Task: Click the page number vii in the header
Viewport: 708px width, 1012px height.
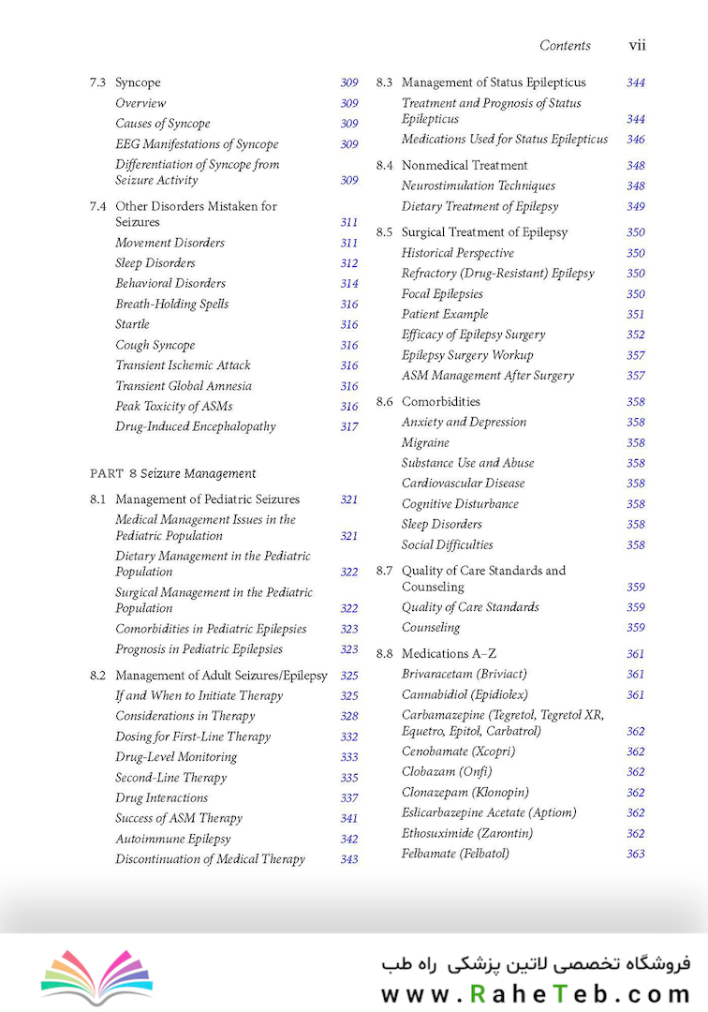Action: click(637, 45)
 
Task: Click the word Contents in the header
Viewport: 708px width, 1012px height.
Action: click(565, 45)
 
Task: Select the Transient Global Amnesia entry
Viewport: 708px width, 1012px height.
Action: click(184, 386)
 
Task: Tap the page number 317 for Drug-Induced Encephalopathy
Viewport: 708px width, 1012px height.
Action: click(349, 427)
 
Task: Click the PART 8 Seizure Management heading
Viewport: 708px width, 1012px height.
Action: click(172, 473)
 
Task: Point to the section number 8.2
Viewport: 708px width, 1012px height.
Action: click(97, 676)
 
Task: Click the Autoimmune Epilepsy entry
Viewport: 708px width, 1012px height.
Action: click(172, 840)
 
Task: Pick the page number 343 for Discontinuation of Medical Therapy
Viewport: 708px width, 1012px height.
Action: click(349, 860)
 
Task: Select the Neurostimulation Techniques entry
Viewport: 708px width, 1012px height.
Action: click(478, 186)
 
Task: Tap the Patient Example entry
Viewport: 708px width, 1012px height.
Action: click(445, 315)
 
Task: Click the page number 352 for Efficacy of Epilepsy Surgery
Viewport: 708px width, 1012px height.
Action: click(636, 335)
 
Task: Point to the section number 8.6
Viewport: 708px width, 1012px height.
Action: click(384, 402)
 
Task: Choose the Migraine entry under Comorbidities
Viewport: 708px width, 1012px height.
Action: click(425, 443)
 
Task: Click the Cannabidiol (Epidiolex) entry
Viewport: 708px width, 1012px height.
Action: click(465, 695)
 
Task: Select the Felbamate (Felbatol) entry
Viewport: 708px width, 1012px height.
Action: click(455, 855)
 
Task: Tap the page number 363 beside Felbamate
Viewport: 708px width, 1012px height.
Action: click(636, 855)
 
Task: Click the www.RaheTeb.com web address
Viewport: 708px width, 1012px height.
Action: click(535, 993)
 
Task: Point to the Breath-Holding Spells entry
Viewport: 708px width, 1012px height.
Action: click(171, 305)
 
